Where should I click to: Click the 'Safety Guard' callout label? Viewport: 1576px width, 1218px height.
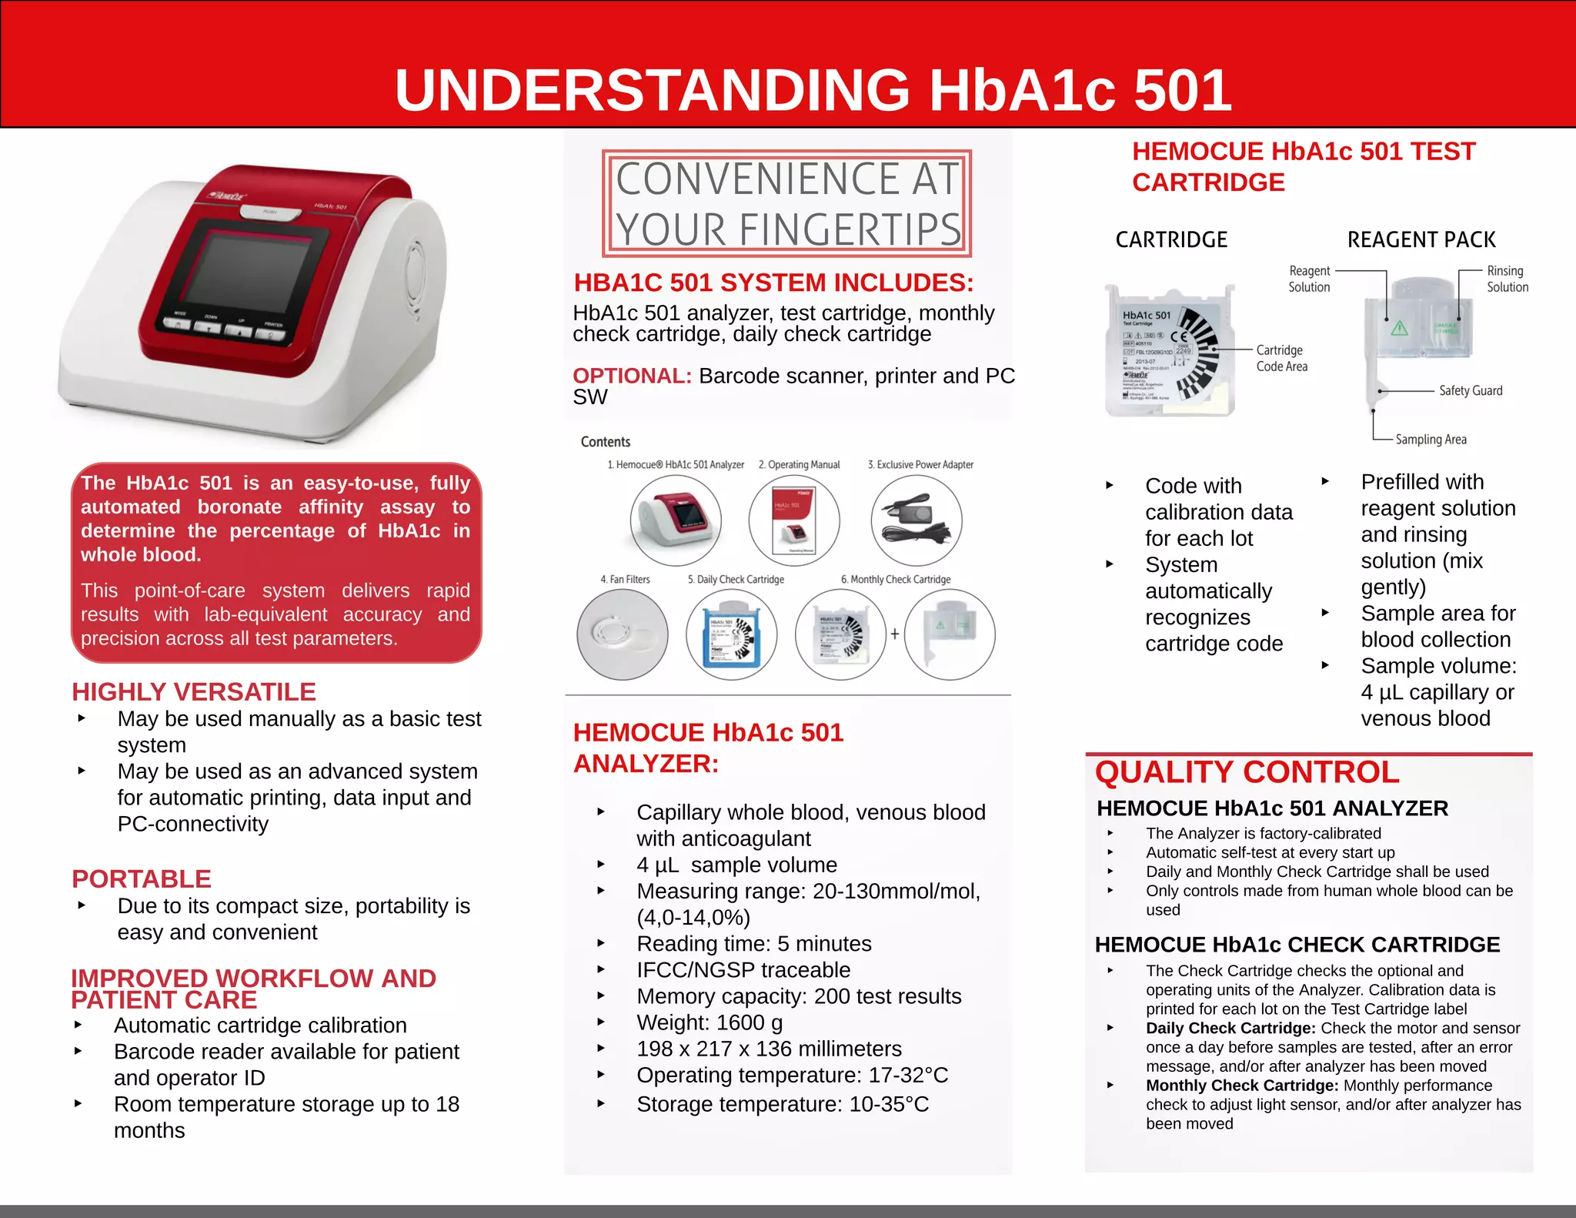[1470, 390]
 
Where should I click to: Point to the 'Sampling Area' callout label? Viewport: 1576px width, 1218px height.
[1431, 440]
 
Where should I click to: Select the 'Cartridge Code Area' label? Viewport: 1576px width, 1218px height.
[1281, 358]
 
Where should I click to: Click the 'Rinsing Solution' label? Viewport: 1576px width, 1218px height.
[1507, 279]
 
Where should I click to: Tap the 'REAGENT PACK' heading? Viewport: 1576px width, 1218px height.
[1421, 239]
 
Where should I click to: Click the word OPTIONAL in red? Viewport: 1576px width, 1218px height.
[632, 376]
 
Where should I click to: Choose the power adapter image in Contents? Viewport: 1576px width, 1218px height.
[917, 520]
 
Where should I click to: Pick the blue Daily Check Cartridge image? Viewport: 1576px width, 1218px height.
[731, 634]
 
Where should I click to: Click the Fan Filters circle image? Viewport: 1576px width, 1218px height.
[622, 634]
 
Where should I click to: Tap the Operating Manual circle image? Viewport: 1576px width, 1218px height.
[793, 520]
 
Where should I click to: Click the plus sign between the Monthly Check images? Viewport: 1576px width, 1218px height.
[895, 634]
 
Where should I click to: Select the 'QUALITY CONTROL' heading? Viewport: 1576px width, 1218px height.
[1247, 772]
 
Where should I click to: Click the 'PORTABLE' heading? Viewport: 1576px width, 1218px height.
[142, 878]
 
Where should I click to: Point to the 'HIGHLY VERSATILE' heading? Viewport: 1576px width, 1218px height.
[194, 691]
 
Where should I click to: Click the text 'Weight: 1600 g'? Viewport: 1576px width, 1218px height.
[710, 1022]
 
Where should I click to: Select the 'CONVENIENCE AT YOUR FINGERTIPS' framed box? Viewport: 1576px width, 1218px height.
[786, 203]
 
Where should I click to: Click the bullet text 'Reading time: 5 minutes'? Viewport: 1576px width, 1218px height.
[753, 943]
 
